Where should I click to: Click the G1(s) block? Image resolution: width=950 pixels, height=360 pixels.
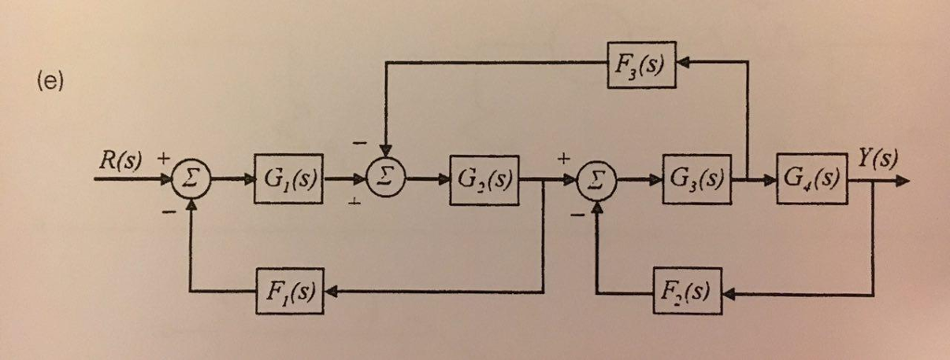coord(288,178)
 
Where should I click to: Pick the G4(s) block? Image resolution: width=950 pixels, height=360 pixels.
coord(812,177)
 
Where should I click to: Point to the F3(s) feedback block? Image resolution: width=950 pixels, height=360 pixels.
coord(641,64)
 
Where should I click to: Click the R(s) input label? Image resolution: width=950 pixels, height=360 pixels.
coord(121,160)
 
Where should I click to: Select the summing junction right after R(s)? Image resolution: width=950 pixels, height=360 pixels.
coord(191,179)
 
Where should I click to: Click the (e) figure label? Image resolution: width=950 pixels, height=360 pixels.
coord(49,82)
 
